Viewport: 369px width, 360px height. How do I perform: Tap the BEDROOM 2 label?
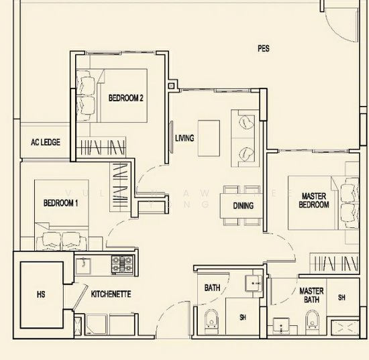click(126, 98)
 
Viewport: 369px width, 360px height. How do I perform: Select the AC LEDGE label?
click(46, 142)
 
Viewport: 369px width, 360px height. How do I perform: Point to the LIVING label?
click(184, 139)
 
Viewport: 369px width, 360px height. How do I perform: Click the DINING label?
click(244, 205)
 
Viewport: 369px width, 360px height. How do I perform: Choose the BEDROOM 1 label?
click(61, 202)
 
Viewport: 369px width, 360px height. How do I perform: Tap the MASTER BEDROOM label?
click(313, 200)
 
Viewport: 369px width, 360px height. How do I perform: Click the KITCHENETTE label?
click(111, 294)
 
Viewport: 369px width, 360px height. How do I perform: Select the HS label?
click(40, 294)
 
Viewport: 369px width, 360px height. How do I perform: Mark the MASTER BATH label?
click(311, 296)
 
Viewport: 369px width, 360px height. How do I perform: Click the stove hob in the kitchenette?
click(123, 264)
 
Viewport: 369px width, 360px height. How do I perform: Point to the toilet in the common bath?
click(211, 324)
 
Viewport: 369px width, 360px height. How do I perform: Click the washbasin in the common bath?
click(254, 284)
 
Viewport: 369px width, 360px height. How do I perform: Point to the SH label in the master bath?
click(341, 297)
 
